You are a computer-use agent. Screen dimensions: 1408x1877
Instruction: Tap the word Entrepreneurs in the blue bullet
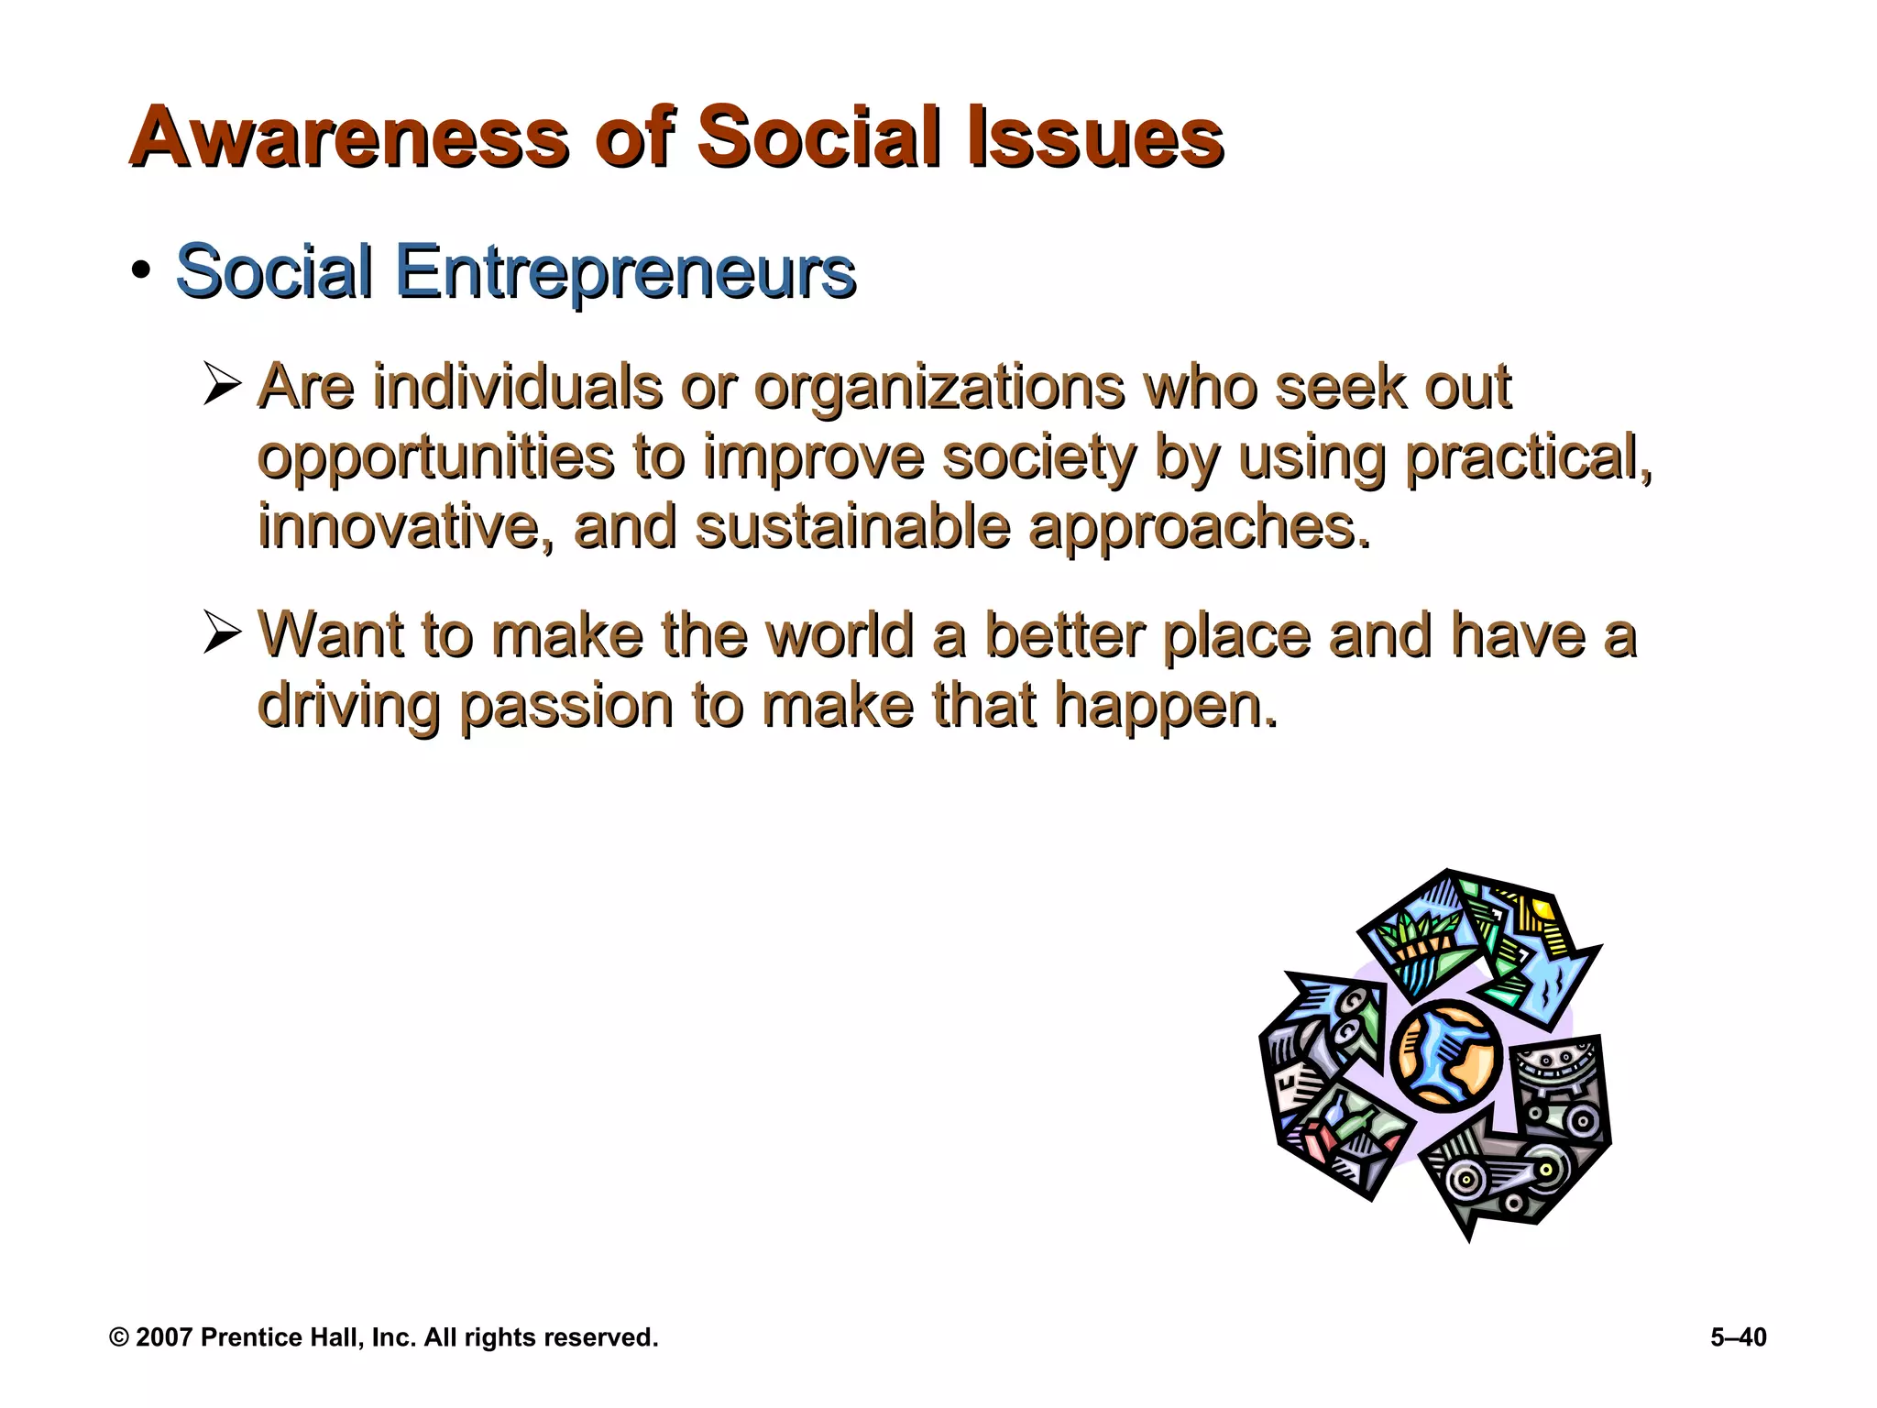[x=626, y=272]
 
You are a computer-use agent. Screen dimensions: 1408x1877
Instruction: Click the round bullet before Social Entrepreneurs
[x=140, y=271]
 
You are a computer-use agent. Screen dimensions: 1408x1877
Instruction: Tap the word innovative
[x=406, y=526]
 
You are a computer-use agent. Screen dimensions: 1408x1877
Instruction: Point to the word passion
[x=566, y=706]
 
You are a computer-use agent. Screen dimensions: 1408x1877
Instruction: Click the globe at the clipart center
[x=1445, y=1057]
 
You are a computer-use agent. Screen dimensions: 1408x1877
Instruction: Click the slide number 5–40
[x=1738, y=1337]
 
